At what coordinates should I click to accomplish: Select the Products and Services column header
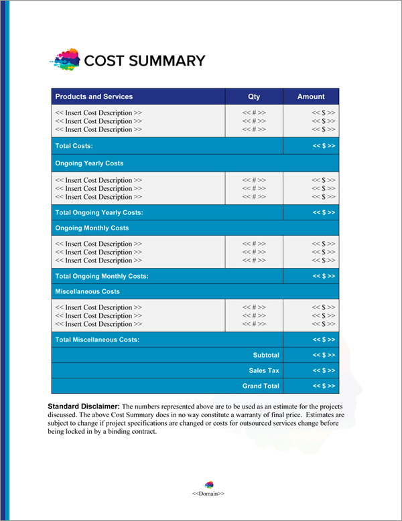[94, 96]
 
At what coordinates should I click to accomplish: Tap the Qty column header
[254, 96]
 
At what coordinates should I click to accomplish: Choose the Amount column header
[311, 96]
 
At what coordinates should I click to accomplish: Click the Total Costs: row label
[74, 146]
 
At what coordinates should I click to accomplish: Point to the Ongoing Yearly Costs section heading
[89, 163]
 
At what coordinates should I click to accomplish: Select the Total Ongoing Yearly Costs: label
[99, 212]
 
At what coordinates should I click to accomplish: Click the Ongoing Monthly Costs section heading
[92, 228]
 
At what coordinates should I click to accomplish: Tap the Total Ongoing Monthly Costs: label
[101, 276]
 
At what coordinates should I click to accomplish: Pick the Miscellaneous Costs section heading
[88, 292]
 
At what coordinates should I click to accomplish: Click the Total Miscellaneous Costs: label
[97, 340]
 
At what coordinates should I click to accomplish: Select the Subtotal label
[266, 355]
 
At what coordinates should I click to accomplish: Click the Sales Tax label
[264, 370]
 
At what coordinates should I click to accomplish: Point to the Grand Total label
[261, 386]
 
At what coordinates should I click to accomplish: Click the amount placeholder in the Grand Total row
[324, 386]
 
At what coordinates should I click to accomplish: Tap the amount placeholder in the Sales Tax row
[324, 370]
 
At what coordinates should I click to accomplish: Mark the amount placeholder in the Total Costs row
[324, 146]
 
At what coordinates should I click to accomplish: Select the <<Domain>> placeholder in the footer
[208, 494]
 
